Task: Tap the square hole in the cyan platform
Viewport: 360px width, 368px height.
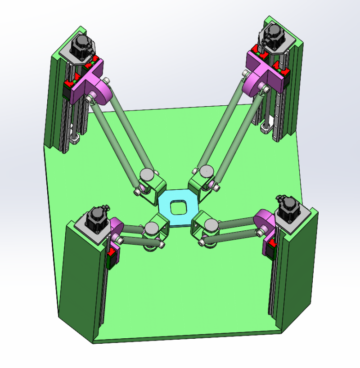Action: tap(179, 207)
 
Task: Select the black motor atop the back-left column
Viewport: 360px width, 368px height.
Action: tap(81, 46)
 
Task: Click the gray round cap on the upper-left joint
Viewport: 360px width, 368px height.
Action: tap(146, 174)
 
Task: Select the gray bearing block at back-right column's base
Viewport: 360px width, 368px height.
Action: tap(266, 130)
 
